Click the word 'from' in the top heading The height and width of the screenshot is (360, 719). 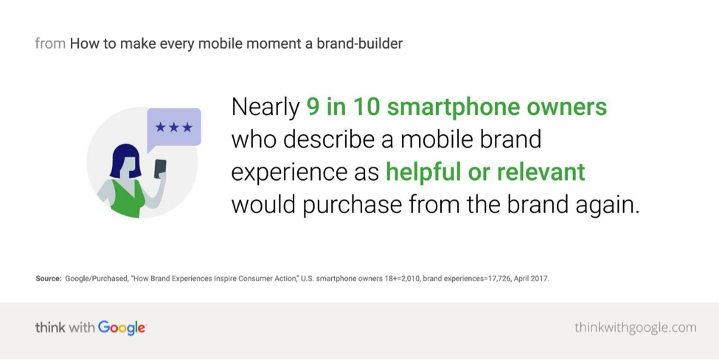coord(50,44)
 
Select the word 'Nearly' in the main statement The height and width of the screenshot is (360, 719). coord(265,108)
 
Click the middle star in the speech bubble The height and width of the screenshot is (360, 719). coord(174,127)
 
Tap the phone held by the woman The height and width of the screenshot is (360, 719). coord(160,168)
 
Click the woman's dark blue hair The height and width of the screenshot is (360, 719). coord(125,161)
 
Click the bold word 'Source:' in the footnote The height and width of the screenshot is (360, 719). coord(49,278)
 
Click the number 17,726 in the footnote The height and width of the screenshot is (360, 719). coord(497,279)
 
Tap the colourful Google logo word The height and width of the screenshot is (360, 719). coord(122,328)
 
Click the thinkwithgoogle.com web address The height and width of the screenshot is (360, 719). coord(635,328)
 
